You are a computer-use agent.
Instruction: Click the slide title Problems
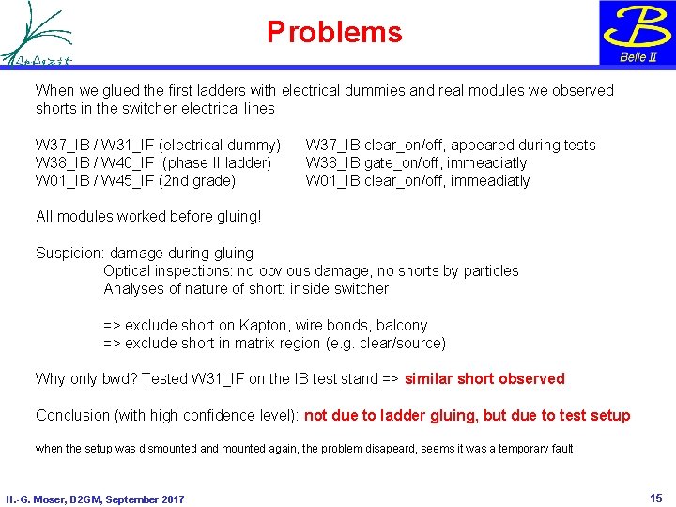pyautogui.click(x=334, y=33)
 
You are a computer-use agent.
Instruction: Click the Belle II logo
pyautogui.click(x=637, y=33)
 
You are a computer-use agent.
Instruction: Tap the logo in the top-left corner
pyautogui.click(x=38, y=33)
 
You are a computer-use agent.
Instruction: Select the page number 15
pyautogui.click(x=655, y=497)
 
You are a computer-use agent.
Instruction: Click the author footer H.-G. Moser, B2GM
pyautogui.click(x=95, y=499)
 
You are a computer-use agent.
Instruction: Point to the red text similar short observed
pyautogui.click(x=484, y=379)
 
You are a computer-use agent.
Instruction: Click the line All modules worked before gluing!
pyautogui.click(x=147, y=217)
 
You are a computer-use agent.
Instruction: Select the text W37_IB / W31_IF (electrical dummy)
pyautogui.click(x=158, y=145)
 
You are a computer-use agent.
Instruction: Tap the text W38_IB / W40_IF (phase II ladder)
pyautogui.click(x=153, y=162)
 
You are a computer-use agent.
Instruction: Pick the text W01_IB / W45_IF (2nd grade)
pyautogui.click(x=135, y=180)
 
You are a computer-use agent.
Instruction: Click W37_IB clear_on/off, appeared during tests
pyautogui.click(x=451, y=145)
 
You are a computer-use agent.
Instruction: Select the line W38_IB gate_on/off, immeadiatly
pyautogui.click(x=416, y=162)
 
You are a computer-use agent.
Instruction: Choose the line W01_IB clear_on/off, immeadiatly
pyautogui.click(x=418, y=180)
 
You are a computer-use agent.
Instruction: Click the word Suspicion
pyautogui.click(x=70, y=253)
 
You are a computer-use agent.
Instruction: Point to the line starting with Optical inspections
pyautogui.click(x=311, y=270)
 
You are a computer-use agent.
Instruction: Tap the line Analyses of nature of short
pyautogui.click(x=245, y=288)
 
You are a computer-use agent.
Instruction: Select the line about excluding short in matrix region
pyautogui.click(x=274, y=343)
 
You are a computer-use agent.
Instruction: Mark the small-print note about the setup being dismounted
pyautogui.click(x=303, y=448)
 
